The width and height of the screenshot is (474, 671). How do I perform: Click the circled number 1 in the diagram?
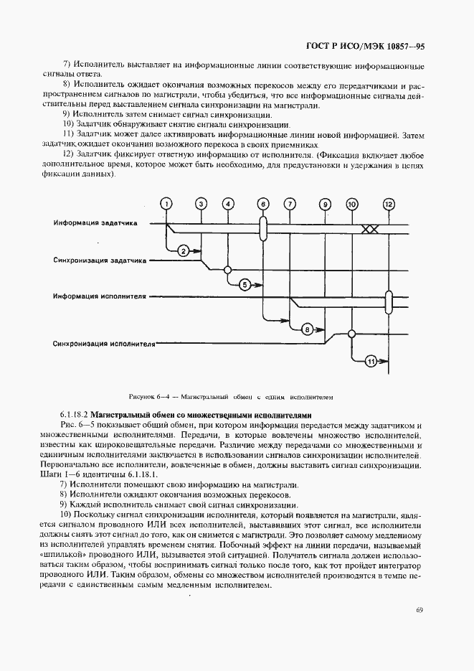click(x=166, y=204)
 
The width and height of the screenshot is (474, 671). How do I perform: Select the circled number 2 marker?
click(x=183, y=250)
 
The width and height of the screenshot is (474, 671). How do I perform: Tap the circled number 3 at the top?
click(x=202, y=204)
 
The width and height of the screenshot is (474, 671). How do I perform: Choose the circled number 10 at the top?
click(x=352, y=204)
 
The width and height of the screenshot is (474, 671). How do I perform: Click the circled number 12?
click(x=389, y=204)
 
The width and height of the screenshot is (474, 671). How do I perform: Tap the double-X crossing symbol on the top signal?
click(x=370, y=229)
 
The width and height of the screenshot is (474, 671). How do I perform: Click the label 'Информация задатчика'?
click(x=100, y=223)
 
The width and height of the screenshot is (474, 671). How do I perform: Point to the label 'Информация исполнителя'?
click(x=100, y=296)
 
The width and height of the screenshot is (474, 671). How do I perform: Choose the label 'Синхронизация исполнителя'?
click(x=104, y=343)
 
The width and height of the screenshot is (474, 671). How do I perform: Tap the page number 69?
click(x=420, y=610)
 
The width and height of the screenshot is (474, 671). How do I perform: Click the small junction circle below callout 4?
click(x=228, y=270)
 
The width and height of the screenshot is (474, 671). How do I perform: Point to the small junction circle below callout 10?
click(x=352, y=332)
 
